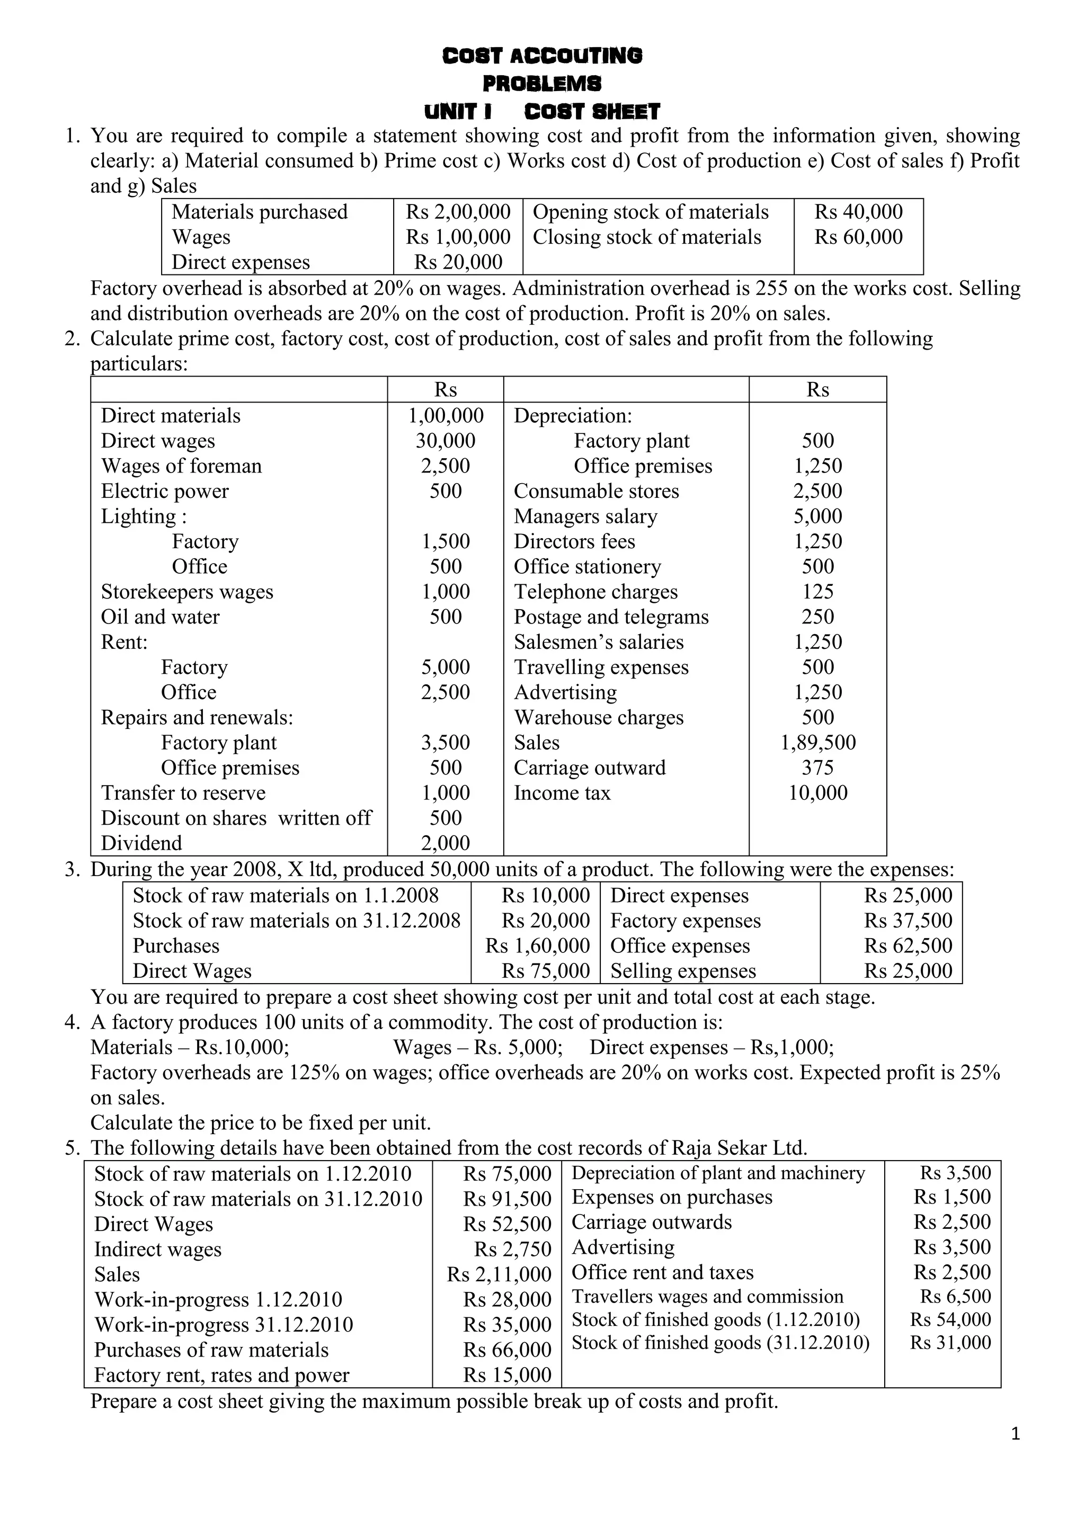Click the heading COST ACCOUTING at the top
click(x=542, y=56)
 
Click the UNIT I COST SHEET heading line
click(x=542, y=111)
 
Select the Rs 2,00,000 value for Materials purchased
click(x=458, y=212)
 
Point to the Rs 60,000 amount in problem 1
click(x=858, y=237)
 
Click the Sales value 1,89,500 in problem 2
click(x=818, y=742)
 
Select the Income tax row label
click(x=562, y=793)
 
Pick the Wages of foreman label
click(x=181, y=466)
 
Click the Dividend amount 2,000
click(x=445, y=843)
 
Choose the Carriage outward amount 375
click(x=818, y=768)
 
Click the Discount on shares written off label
click(x=236, y=818)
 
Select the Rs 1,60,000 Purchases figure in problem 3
click(x=537, y=946)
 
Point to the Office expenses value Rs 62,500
click(x=908, y=946)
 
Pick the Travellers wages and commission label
click(x=707, y=1297)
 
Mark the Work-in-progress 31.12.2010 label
click(x=223, y=1325)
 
